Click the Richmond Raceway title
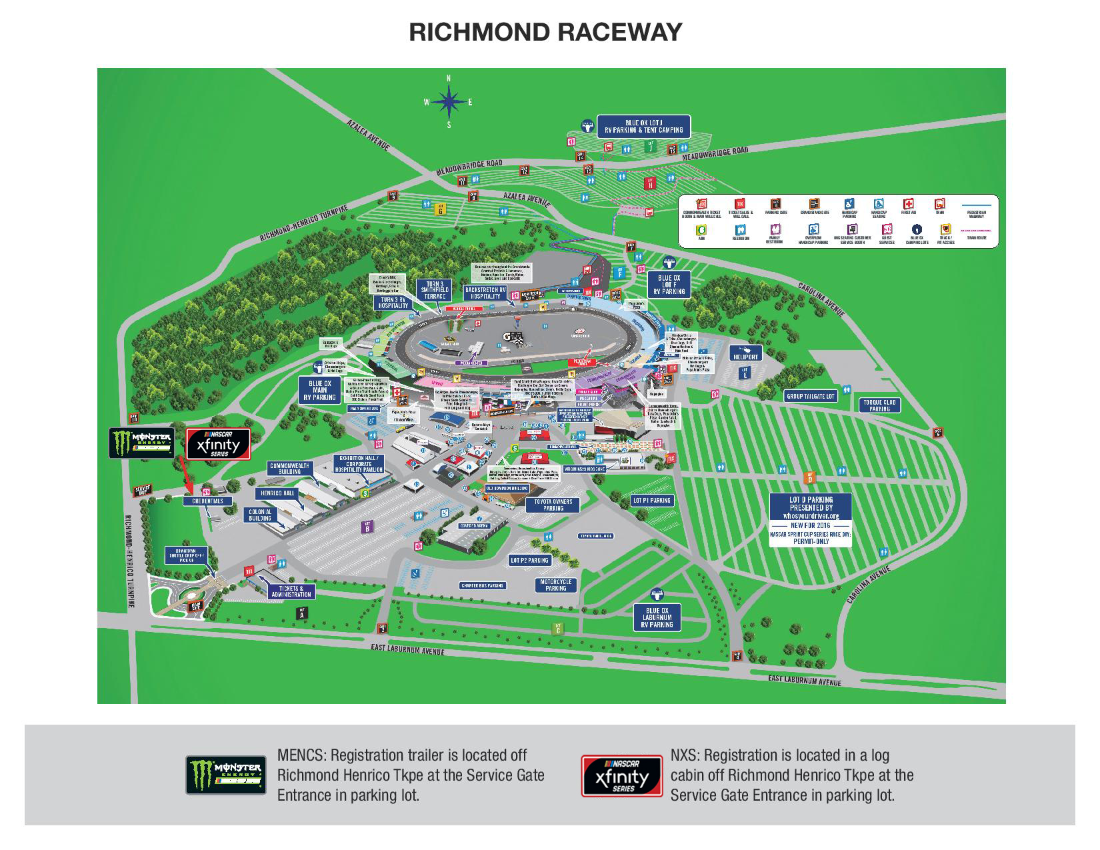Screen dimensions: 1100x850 (545, 32)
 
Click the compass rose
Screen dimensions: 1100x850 (449, 102)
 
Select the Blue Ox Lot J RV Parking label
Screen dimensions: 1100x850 (643, 126)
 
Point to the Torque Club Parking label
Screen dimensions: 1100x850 (879, 405)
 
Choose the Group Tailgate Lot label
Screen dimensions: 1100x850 (810, 397)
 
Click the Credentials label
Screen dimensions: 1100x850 (207, 501)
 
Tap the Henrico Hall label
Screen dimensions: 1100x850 (278, 493)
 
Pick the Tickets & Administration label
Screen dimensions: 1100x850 (291, 591)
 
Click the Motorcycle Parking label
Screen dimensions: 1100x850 (555, 585)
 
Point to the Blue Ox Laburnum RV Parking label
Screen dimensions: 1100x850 (657, 618)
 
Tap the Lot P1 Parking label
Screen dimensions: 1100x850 (652, 500)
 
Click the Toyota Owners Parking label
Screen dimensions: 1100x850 (553, 505)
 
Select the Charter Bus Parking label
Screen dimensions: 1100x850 (483, 586)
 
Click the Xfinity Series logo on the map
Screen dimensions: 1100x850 (218, 444)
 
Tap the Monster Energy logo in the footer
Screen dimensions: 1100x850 (225, 775)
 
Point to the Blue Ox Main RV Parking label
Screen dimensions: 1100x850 (319, 391)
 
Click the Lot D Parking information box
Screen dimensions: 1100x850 (811, 520)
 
